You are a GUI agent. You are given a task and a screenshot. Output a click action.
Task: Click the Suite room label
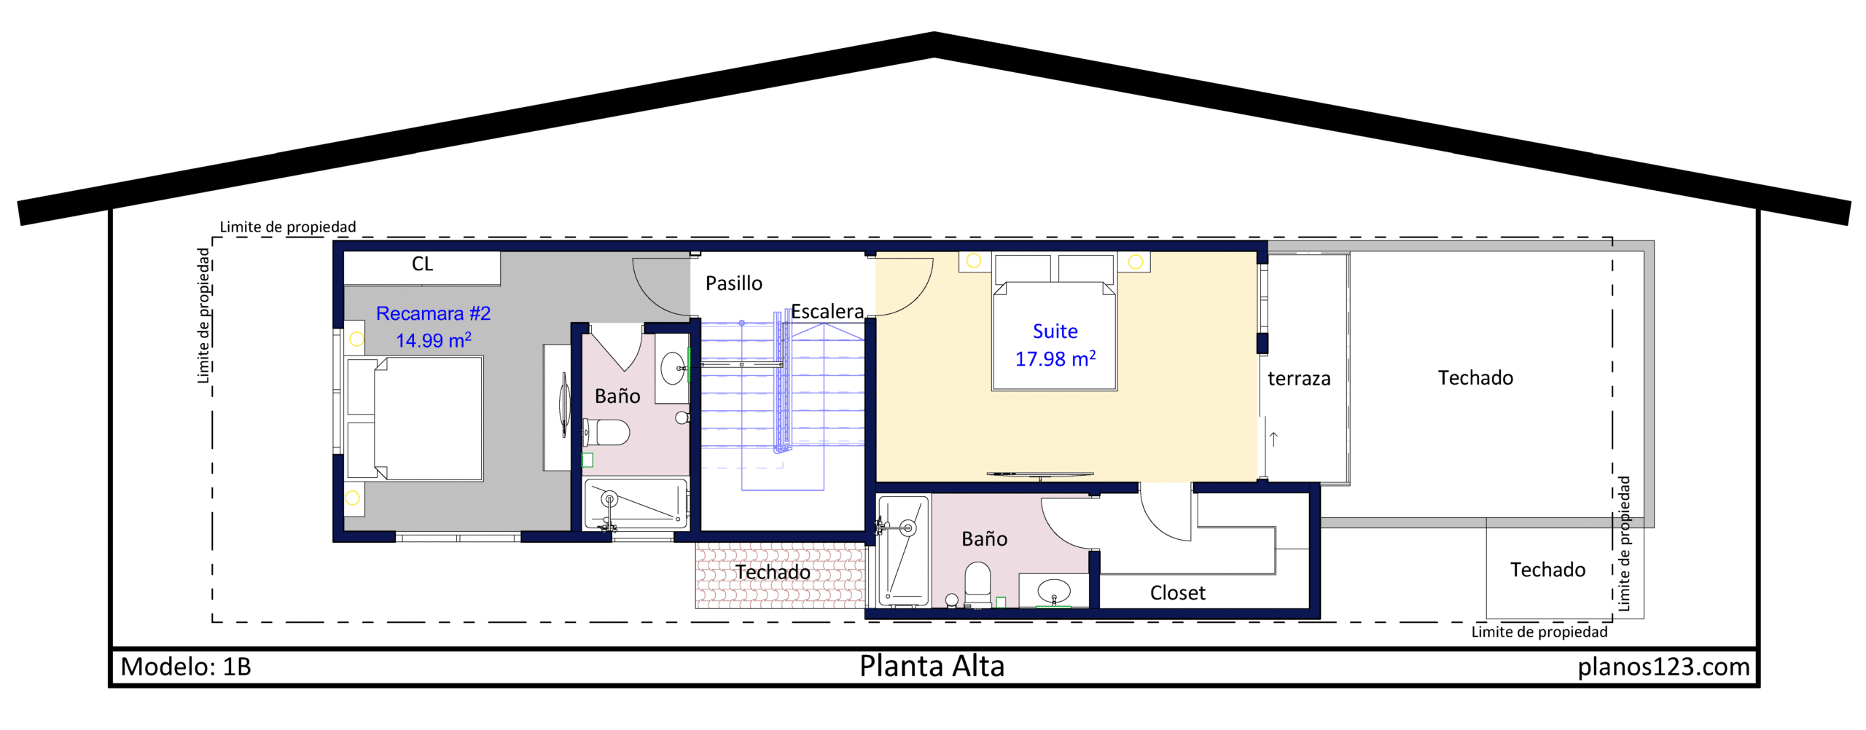coord(1055,331)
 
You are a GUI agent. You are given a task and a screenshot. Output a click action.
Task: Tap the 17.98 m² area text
coord(1055,358)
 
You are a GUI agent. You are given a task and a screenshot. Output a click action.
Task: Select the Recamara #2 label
coord(433,313)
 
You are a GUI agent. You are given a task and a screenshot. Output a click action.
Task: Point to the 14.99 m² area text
coord(434,340)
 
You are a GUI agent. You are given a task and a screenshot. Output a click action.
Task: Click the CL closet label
coord(422,264)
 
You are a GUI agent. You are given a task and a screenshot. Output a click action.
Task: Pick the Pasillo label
coord(734,283)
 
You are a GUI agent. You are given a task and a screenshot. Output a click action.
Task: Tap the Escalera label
coord(827,312)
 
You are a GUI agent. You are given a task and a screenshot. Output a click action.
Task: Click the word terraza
coord(1299,379)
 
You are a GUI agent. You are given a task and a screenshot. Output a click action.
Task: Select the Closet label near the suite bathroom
coord(1178,593)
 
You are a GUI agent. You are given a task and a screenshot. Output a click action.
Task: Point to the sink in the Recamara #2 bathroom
coord(673,368)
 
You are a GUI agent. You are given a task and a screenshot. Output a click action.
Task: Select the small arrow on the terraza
coord(1273,439)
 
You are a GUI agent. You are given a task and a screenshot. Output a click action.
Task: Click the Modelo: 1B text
coord(186,667)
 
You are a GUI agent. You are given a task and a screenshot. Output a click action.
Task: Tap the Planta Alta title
coord(932,666)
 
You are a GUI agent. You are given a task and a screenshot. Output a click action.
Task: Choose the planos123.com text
coord(1663,667)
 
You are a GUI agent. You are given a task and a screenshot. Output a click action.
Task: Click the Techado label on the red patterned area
coord(773,573)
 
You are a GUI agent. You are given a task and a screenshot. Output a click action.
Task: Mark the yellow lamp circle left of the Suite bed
coord(974,261)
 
